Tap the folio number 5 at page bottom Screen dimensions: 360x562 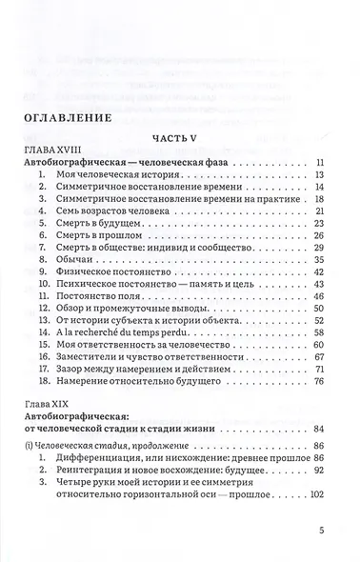(322, 533)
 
